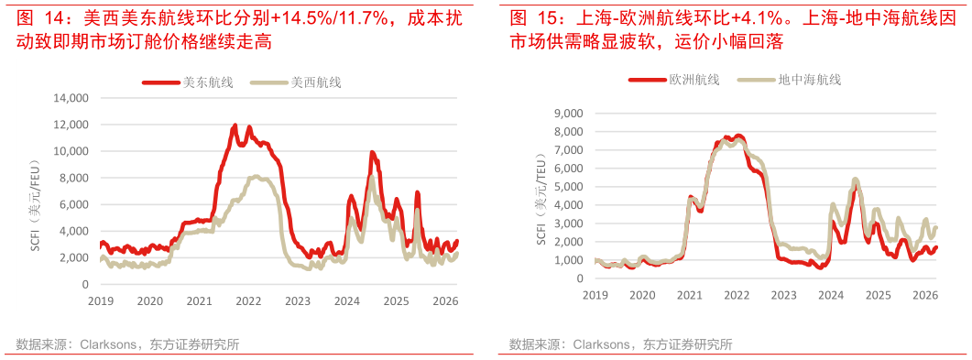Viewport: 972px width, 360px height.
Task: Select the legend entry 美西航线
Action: point(315,82)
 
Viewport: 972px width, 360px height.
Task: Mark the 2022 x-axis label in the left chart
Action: point(246,300)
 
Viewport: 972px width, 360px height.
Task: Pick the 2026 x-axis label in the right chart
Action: point(925,294)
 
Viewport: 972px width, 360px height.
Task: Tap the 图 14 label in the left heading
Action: point(38,17)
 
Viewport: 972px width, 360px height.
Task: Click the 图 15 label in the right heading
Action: point(531,17)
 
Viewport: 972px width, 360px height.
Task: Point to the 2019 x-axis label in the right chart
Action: point(595,294)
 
